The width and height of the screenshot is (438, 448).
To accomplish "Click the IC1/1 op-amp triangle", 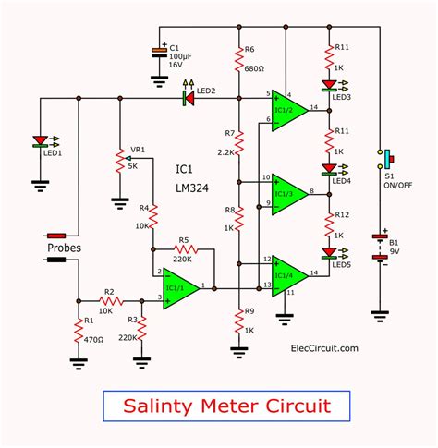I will pos(180,289).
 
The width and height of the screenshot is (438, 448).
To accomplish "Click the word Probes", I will pos(66,248).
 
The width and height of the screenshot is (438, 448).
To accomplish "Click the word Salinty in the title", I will pos(154,404).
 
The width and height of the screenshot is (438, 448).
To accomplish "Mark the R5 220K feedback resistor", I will pos(185,248).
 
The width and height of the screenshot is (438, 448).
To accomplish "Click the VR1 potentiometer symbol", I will pos(119,163).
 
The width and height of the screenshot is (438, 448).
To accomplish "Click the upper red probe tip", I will pos(57,236).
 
